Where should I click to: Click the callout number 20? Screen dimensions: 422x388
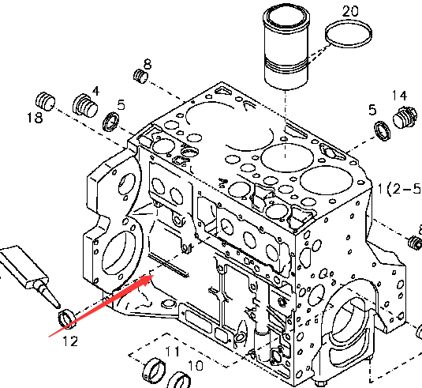tap(350, 11)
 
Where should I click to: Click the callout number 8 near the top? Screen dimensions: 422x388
tap(148, 64)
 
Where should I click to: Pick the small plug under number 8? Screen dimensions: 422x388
tap(140, 76)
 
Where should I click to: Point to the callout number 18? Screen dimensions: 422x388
tap(35, 118)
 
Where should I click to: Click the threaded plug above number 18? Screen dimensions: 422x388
tap(45, 102)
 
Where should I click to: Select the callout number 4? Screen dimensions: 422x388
tap(95, 91)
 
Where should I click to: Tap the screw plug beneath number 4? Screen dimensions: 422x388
tap(85, 106)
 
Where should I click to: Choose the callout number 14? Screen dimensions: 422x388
tap(399, 96)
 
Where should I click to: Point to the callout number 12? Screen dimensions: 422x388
tap(70, 341)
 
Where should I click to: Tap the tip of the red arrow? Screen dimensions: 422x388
tap(153, 275)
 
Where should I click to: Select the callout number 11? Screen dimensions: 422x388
tap(172, 352)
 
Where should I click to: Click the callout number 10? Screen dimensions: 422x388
tap(196, 366)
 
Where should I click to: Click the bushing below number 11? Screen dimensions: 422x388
tap(155, 371)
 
